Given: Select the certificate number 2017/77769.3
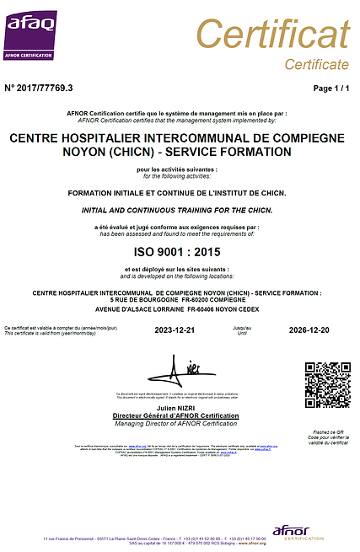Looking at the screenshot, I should [39, 88].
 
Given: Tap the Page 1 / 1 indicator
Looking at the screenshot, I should [330, 88].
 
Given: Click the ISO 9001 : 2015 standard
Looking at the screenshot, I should [176, 252].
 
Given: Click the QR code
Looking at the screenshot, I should [327, 385].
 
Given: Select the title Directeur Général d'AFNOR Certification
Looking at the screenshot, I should [177, 416].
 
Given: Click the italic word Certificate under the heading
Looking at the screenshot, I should [316, 64].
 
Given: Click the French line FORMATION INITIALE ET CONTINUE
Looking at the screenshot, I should [176, 193].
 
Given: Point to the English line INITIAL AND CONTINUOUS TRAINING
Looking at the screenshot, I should [176, 209].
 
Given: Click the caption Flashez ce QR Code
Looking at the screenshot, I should [327, 435].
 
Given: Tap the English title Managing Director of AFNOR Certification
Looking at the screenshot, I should [177, 423].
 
